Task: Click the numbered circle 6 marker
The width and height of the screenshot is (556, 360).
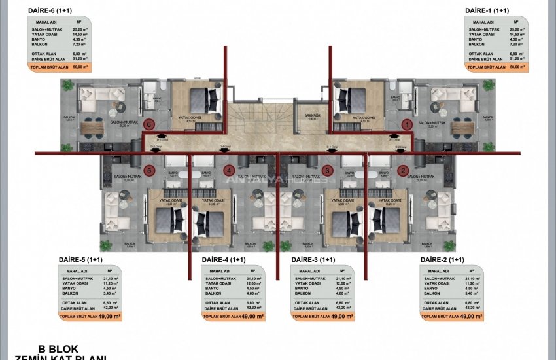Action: point(149,124)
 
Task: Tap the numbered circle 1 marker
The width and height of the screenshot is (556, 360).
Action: point(406,124)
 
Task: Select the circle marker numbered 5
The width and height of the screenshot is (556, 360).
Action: point(149,171)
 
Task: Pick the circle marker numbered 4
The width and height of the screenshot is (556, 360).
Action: point(229,171)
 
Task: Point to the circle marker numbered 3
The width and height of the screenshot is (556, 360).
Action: point(327,171)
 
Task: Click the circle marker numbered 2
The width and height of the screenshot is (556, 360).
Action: point(404,171)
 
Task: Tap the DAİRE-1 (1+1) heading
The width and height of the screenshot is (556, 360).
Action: point(487,10)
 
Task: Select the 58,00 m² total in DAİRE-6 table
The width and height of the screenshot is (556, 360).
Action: point(80,67)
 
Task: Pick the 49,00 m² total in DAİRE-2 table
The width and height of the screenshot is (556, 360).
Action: point(471,316)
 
